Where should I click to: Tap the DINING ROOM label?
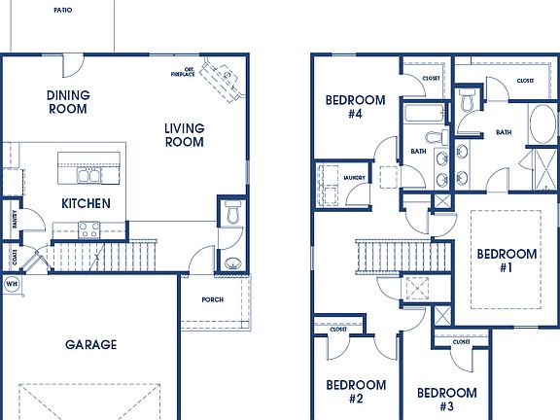[68, 102]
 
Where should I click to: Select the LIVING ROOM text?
[184, 135]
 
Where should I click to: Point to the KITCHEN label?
[86, 204]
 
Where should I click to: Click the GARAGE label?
[91, 344]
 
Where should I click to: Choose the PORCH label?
[212, 299]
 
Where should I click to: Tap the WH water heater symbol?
[13, 285]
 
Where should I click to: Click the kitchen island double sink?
[89, 176]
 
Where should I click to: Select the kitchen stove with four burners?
[89, 230]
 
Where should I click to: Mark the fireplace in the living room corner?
[224, 78]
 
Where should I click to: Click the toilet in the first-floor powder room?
[231, 213]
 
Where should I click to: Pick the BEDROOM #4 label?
[355, 106]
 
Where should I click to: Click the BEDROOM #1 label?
[506, 262]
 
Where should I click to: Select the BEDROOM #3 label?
[447, 400]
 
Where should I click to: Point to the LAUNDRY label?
[354, 178]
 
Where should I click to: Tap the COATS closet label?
[15, 257]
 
